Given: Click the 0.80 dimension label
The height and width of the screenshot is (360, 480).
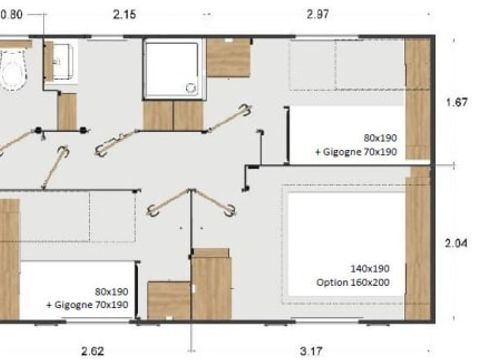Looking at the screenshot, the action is coord(11,15).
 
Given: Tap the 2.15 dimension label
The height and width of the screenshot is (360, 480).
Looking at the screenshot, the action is coord(124,15).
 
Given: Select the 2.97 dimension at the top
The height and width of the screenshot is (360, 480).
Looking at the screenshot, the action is coord(318,14).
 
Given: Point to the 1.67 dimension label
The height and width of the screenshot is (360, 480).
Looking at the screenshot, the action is coord(457,102).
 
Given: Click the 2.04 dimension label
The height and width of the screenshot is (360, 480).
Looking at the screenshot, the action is coord(456,243).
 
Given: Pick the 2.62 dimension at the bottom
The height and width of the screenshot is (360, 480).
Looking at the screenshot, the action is coord(93,351).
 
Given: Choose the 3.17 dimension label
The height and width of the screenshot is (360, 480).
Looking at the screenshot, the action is coord(311,351).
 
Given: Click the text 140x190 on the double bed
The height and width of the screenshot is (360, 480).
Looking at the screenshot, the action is coord(370,268).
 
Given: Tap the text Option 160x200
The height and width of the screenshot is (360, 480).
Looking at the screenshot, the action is coord(353,282).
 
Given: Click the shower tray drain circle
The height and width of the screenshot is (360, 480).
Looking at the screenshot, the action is coord(191,88).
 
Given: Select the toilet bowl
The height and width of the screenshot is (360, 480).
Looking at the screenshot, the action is coord(12,70).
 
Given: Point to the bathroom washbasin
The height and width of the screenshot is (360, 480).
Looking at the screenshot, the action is coord(63,62).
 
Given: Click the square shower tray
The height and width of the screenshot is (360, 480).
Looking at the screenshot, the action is coord(172,69).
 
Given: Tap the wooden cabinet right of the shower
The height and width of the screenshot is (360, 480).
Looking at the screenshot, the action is coord(228,58).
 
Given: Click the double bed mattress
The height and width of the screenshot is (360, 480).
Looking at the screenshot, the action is coord(346,244).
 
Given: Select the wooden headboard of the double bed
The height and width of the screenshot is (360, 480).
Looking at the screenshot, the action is coord(418,243).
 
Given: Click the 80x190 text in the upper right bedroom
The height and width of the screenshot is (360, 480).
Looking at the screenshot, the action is coord(380,138).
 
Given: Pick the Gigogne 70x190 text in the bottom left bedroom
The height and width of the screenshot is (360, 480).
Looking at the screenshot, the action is coord(91,305).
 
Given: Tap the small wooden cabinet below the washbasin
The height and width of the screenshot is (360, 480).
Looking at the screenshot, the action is coord(67,111).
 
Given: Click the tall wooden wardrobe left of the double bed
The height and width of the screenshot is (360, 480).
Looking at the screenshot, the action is coord(211,284).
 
